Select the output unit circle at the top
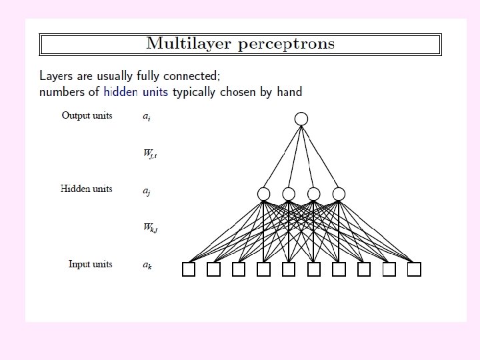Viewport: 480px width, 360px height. pos(301,119)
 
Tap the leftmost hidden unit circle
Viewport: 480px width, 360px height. pos(264,194)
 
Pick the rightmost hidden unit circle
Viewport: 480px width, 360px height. pos(339,194)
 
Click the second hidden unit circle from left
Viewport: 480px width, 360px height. pos(289,194)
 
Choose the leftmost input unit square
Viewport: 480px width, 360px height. pos(189,269)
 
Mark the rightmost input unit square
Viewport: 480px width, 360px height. pos(414,269)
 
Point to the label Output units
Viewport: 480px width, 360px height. pos(87,115)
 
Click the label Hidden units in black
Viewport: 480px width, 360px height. pos(86,189)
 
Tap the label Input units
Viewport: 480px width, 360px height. pos(90,264)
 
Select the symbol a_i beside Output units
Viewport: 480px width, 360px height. pos(147,117)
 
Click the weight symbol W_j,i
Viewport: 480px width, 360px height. pos(150,154)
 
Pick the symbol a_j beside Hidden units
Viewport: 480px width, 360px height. pos(147,191)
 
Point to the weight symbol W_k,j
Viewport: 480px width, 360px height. pos(150,227)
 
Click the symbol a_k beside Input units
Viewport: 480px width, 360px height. pos(147,265)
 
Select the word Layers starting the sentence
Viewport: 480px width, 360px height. pos(56,76)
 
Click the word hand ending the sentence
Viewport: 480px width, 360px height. pos(288,92)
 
